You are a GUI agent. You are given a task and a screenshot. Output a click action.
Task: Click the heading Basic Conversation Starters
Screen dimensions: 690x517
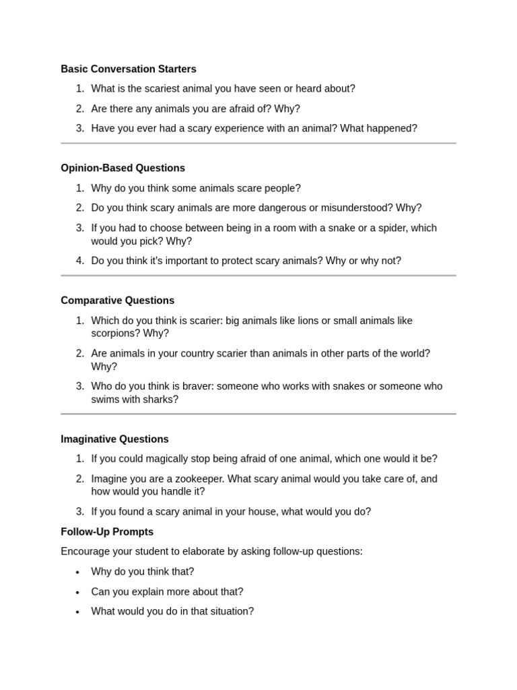pyautogui.click(x=128, y=69)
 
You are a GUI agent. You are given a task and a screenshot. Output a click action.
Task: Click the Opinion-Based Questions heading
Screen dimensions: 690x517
pyautogui.click(x=123, y=168)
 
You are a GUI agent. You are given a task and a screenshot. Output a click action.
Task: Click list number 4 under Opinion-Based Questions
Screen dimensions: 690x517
pyautogui.click(x=79, y=261)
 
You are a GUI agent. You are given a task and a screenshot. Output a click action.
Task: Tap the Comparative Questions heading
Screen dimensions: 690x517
pyautogui.click(x=117, y=301)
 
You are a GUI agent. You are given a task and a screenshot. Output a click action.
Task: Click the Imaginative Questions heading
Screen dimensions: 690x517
pyautogui.click(x=114, y=439)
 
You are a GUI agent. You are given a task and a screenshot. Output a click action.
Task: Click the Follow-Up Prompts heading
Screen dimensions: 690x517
pyautogui.click(x=107, y=532)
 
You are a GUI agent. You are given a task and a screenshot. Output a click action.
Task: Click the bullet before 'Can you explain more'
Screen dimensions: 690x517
pyautogui.click(x=77, y=592)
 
